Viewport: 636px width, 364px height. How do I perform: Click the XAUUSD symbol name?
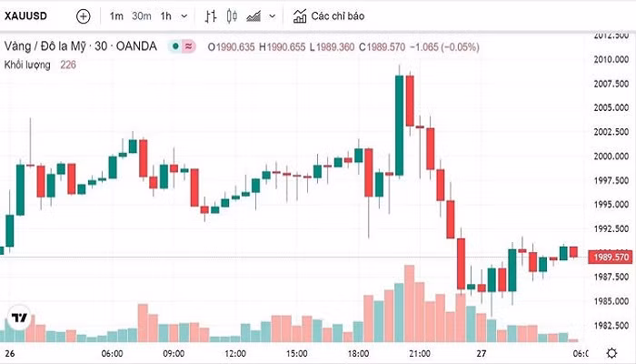[x=27, y=16]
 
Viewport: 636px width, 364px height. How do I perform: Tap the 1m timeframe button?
[x=116, y=16]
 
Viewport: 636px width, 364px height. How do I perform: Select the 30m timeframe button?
[x=141, y=16]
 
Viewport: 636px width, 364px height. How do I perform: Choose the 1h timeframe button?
[x=165, y=16]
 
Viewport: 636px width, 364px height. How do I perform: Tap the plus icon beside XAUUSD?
[x=84, y=16]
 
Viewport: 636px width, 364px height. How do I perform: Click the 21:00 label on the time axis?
[x=419, y=353]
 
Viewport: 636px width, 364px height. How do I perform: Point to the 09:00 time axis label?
[x=173, y=353]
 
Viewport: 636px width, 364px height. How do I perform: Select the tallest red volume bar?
[x=409, y=300]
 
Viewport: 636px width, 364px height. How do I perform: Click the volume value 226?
[x=69, y=64]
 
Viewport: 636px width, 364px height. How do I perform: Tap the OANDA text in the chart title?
[x=138, y=45]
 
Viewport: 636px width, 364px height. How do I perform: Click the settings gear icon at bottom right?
[x=611, y=353]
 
